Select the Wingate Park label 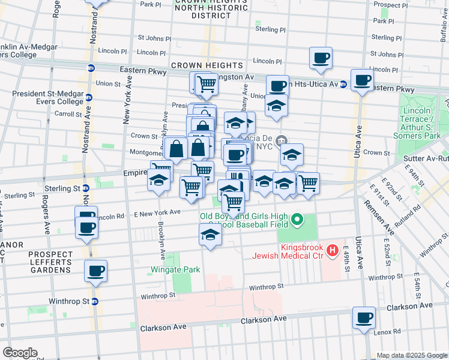coord(175,270)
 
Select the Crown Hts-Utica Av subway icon coord(343,84)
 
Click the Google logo coord(20,353)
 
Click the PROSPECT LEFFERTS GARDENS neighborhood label coord(50,262)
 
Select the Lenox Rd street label coord(389,331)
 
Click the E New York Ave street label coord(157,212)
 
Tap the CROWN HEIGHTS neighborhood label coord(207,65)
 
